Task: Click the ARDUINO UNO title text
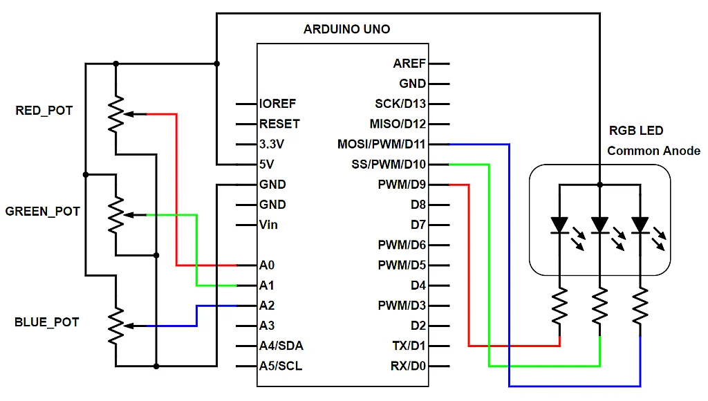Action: click(x=346, y=30)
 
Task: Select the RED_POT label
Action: click(x=44, y=111)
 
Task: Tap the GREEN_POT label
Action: click(x=42, y=212)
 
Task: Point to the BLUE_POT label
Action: click(x=46, y=322)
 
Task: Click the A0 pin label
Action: click(x=267, y=265)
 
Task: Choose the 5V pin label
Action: click(x=267, y=165)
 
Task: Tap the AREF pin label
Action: click(x=409, y=64)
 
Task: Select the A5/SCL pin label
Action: click(x=281, y=366)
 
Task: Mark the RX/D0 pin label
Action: click(x=407, y=366)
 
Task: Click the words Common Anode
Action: click(x=653, y=151)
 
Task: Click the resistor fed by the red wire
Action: click(x=559, y=307)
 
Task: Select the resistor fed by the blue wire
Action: click(x=640, y=307)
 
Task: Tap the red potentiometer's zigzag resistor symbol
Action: click(x=116, y=113)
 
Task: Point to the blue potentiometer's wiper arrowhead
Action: click(x=131, y=326)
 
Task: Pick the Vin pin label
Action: click(x=268, y=225)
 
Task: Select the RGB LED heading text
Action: click(x=635, y=131)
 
